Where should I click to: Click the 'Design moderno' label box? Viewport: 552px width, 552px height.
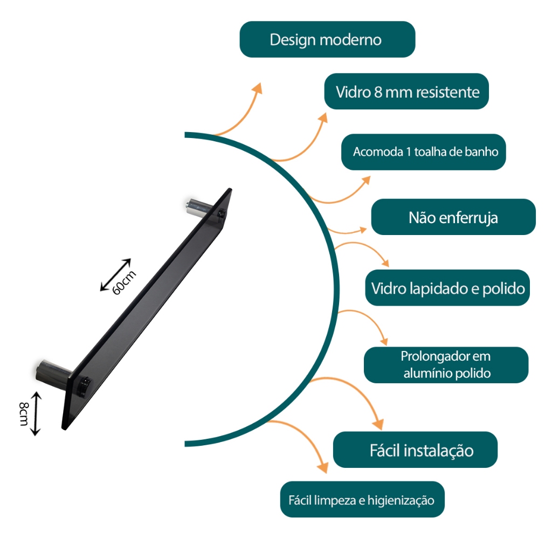[x=327, y=39]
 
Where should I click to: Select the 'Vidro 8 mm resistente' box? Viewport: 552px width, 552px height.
[x=406, y=92]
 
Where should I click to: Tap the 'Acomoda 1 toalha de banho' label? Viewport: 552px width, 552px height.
[x=424, y=152]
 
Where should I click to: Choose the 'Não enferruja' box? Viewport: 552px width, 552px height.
[x=453, y=217]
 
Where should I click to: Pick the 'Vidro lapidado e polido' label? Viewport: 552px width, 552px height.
[x=447, y=288]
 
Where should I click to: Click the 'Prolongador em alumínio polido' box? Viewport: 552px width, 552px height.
[x=446, y=365]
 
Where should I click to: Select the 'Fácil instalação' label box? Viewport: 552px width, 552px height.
[x=416, y=450]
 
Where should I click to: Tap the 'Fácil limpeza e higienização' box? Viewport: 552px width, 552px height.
[x=362, y=500]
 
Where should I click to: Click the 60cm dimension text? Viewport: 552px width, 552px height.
[x=124, y=282]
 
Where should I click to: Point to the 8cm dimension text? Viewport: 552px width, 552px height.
[x=24, y=414]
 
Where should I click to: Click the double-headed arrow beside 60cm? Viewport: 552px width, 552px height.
[x=115, y=275]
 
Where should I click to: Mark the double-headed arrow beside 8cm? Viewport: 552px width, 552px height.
[x=36, y=413]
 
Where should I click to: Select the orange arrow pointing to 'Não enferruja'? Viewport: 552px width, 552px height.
[x=347, y=231]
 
